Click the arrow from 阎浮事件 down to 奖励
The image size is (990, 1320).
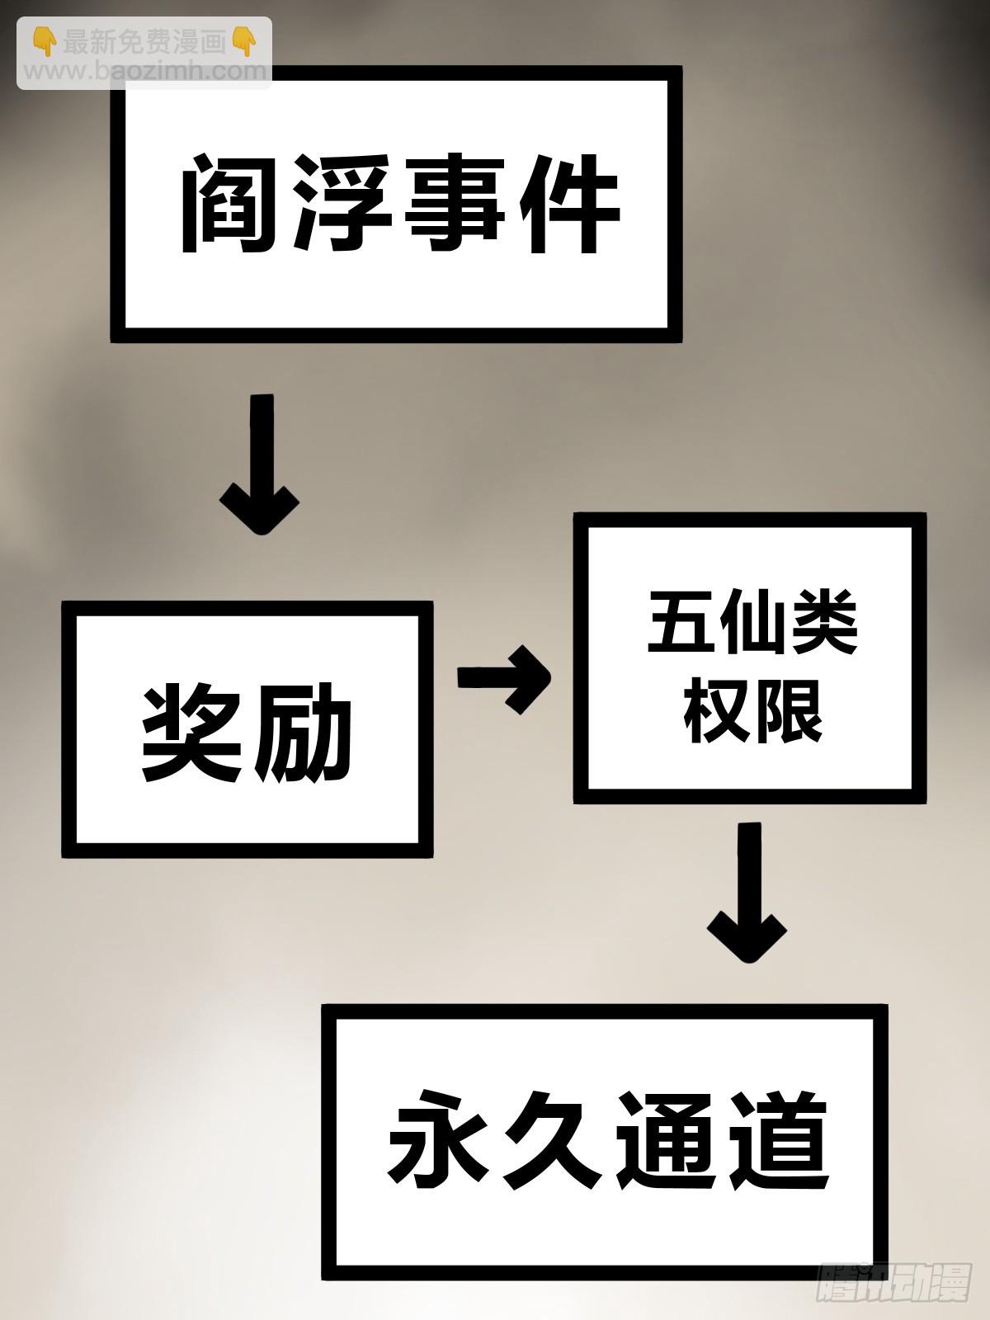(260, 466)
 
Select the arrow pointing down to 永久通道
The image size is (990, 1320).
(747, 895)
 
